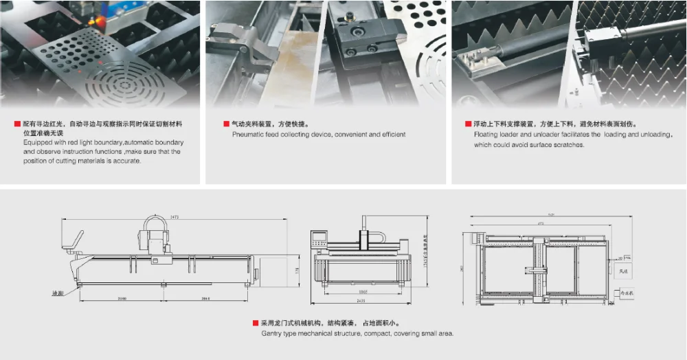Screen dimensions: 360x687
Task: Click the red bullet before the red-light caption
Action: pos(17,124)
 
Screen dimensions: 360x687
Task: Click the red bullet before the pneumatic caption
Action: pos(226,124)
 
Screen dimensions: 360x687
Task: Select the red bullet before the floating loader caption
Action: pos(469,124)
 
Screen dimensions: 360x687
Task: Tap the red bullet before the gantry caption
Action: pos(256,322)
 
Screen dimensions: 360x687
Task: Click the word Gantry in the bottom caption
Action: pos(273,333)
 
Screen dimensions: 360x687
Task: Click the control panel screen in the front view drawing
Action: pos(320,240)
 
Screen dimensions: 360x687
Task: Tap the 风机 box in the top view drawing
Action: pos(624,271)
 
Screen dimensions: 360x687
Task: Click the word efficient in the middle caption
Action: pos(391,135)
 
